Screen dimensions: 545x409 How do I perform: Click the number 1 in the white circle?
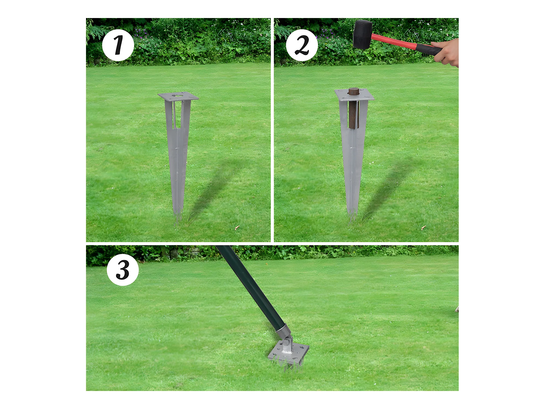[119, 45]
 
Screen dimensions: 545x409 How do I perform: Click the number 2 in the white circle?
[302, 45]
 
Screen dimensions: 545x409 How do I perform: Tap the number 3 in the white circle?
[123, 270]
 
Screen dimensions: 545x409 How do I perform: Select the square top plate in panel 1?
[178, 97]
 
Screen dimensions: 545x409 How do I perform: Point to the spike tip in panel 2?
[352, 217]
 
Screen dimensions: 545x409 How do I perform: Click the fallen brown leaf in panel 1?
[236, 228]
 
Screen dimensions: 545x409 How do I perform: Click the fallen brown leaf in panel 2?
[423, 228]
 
